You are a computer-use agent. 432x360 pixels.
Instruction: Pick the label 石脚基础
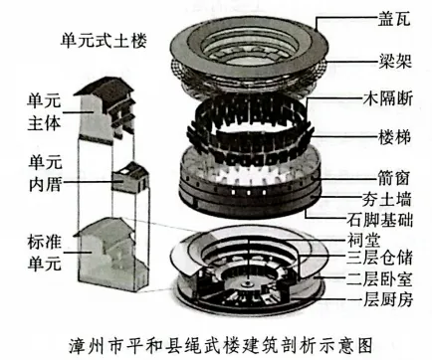[x=374, y=217]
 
